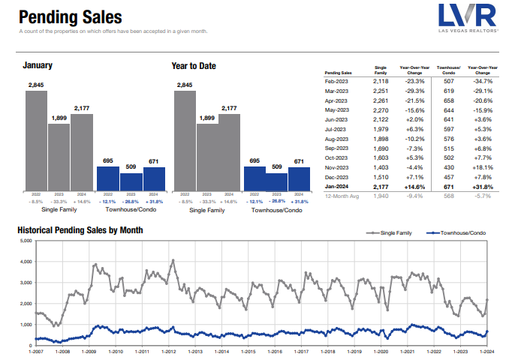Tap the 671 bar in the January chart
(x=155, y=178)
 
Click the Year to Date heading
(x=194, y=66)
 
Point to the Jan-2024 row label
(x=336, y=186)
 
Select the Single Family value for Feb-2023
(x=381, y=80)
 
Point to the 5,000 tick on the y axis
(x=26, y=241)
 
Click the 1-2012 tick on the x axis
(x=168, y=352)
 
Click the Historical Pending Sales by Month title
(x=80, y=229)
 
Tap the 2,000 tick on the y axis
(x=26, y=304)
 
